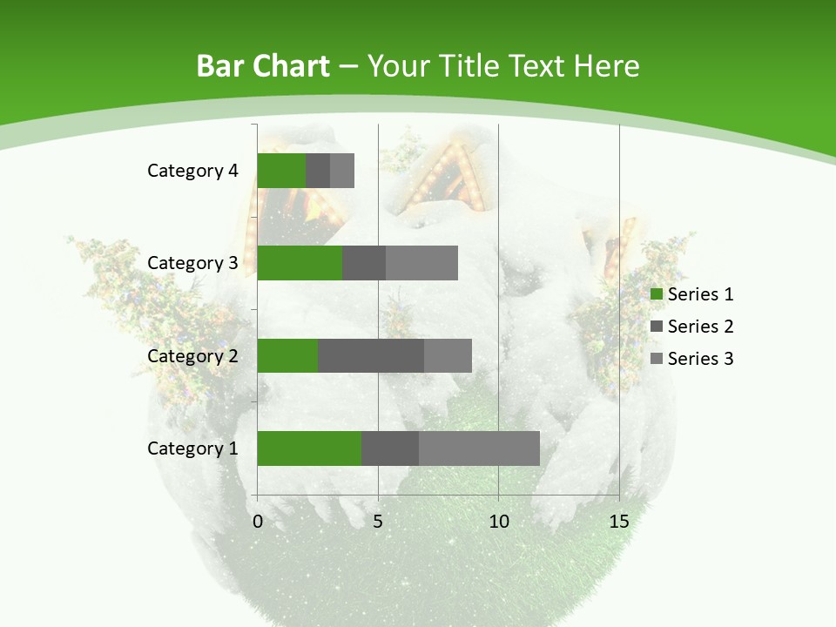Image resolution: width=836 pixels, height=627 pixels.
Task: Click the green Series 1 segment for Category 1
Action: tap(309, 448)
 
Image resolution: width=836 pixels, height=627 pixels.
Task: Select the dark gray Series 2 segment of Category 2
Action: tap(371, 355)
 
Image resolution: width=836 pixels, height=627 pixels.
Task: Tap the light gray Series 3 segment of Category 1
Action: tap(479, 448)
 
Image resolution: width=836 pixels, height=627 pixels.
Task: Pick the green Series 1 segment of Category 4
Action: tap(281, 171)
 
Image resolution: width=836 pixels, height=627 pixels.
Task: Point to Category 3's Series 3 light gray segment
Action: tap(421, 263)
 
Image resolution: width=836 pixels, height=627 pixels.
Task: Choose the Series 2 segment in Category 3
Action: tap(364, 263)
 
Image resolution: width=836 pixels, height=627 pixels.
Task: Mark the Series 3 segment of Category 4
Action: tap(342, 171)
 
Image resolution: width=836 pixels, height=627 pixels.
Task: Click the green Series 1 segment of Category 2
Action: tap(287, 355)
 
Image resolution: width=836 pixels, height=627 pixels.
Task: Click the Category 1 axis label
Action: tap(192, 448)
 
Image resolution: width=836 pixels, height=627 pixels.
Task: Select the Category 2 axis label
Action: tap(192, 355)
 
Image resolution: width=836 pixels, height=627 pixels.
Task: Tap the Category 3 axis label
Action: tap(192, 263)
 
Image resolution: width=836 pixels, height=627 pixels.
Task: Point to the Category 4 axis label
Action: tap(192, 171)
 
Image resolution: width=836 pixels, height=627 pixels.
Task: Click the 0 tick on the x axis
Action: tap(258, 522)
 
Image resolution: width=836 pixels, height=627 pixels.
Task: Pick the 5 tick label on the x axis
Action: tap(378, 522)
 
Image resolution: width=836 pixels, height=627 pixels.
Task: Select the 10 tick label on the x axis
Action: tap(498, 522)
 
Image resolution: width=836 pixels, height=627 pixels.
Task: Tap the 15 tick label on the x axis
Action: tap(618, 522)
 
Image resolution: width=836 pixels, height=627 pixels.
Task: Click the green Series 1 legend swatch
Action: tap(657, 294)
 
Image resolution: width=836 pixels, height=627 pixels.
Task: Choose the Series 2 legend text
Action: tap(700, 327)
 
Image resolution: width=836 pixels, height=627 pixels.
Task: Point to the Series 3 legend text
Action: tap(700, 359)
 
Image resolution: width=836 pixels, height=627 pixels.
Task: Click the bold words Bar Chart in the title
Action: tap(262, 66)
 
